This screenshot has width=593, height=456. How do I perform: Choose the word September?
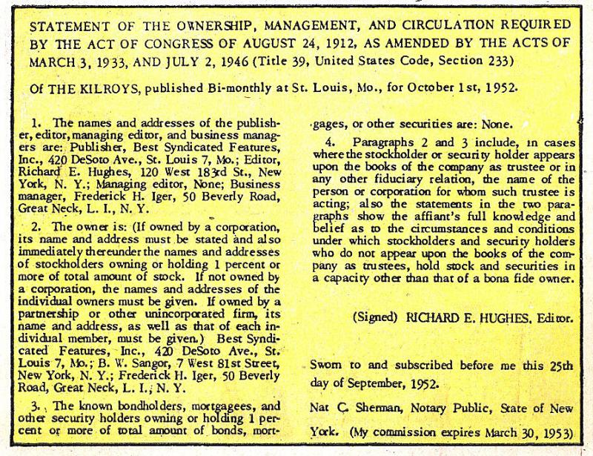[386, 386]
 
